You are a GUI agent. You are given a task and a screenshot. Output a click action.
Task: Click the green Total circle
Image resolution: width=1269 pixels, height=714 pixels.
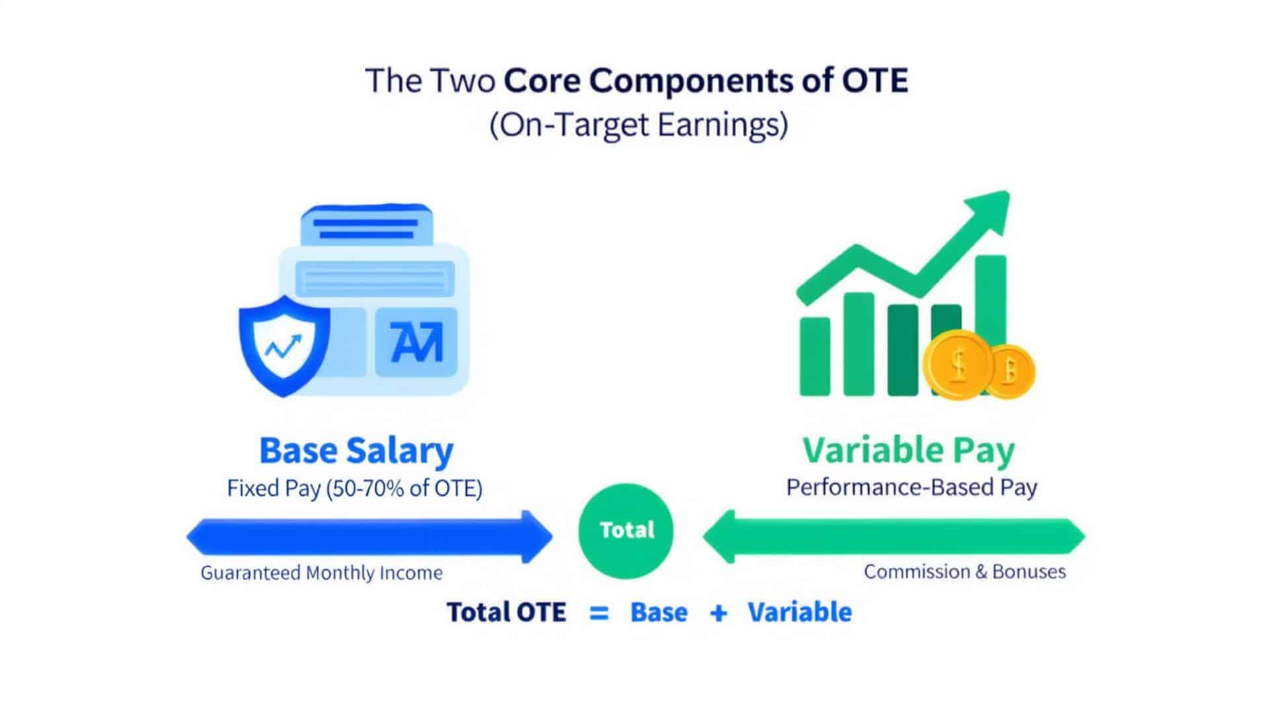pyautogui.click(x=625, y=531)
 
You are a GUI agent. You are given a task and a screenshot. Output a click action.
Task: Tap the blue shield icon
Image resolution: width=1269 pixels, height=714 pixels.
pyautogui.click(x=284, y=344)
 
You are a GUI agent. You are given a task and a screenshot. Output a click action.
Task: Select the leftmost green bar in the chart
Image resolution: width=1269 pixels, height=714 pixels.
pyautogui.click(x=814, y=356)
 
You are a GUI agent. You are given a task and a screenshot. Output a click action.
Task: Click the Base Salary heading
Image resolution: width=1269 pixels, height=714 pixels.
pyautogui.click(x=356, y=450)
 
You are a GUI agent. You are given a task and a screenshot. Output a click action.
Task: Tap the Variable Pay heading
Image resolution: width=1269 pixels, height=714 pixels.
pyautogui.click(x=909, y=450)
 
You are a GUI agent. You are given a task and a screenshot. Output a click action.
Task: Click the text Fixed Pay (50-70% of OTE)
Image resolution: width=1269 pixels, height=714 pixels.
pyautogui.click(x=355, y=489)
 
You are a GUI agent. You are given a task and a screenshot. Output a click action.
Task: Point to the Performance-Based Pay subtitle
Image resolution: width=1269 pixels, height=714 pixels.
pyautogui.click(x=911, y=487)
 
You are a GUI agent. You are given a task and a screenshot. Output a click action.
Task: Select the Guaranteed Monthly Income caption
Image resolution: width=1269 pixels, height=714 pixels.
pyautogui.click(x=322, y=573)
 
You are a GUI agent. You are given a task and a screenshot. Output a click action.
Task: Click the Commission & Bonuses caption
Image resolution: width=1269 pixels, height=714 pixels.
pyautogui.click(x=964, y=571)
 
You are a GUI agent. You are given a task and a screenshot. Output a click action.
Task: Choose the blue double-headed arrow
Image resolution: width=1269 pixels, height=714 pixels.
pyautogui.click(x=369, y=536)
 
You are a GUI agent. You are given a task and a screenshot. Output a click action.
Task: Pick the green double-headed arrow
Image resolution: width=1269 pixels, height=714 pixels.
pyautogui.click(x=894, y=536)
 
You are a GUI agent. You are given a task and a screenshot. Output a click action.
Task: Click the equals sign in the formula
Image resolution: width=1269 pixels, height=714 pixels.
pyautogui.click(x=599, y=613)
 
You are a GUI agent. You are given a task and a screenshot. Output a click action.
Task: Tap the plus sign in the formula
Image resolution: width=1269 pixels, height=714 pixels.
pyautogui.click(x=718, y=613)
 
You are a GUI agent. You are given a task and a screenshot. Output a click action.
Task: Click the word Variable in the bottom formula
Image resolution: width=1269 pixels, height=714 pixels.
pyautogui.click(x=800, y=612)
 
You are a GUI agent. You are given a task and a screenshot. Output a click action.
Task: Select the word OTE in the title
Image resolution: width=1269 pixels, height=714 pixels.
pyautogui.click(x=874, y=81)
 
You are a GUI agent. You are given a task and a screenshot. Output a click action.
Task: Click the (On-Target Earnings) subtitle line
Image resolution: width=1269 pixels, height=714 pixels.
pyautogui.click(x=638, y=124)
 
